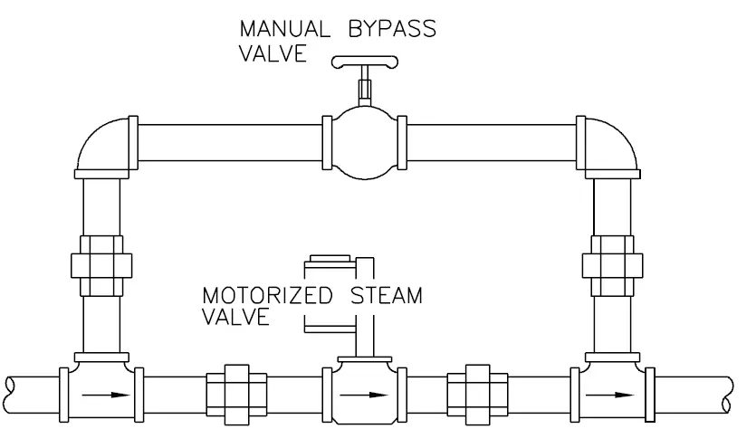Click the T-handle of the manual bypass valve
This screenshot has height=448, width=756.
(x=365, y=62)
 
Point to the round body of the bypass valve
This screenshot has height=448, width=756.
(x=366, y=144)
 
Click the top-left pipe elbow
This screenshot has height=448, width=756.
(x=102, y=145)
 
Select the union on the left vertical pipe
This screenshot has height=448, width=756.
(x=100, y=264)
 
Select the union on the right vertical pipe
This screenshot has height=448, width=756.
(x=611, y=264)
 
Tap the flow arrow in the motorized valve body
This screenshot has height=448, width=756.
(x=366, y=395)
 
